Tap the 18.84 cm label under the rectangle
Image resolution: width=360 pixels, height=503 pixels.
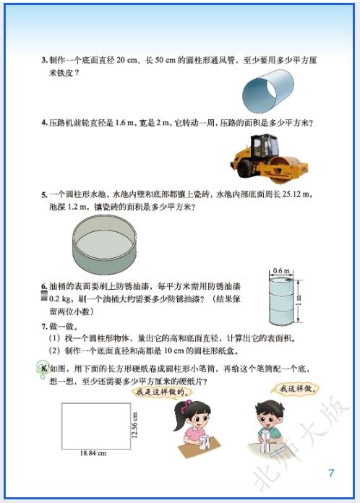pos(93,453)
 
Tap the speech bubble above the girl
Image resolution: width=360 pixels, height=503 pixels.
pos(163,391)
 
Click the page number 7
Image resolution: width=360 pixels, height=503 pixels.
pos(331,474)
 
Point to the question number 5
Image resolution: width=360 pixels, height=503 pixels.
pos(43,194)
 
